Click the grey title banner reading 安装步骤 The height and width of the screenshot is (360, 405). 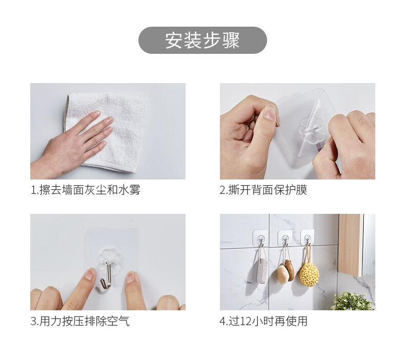click(202, 41)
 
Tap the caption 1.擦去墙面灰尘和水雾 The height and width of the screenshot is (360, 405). click(86, 190)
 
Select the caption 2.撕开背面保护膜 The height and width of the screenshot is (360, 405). click(264, 190)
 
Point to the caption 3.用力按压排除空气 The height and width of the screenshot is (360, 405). click(80, 321)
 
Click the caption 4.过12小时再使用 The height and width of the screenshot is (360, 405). click(264, 321)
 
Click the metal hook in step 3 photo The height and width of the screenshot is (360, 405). click(107, 275)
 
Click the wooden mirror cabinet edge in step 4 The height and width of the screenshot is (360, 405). click(351, 244)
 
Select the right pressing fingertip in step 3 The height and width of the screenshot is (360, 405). click(131, 277)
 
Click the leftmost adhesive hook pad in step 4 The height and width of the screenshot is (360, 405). click(260, 238)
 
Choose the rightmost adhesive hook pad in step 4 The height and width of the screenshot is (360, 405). click(308, 237)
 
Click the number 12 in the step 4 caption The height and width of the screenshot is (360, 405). click(246, 322)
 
